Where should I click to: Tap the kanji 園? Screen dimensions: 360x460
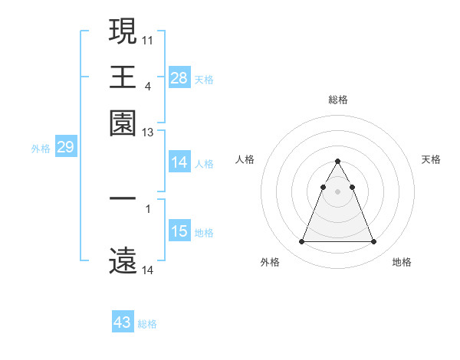click(x=123, y=123)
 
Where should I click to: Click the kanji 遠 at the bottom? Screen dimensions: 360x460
click(x=123, y=260)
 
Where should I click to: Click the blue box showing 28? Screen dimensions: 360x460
click(x=179, y=77)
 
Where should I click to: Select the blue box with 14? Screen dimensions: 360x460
click(x=179, y=162)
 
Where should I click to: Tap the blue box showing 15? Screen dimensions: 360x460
click(x=179, y=231)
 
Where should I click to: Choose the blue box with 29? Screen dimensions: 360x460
click(x=65, y=147)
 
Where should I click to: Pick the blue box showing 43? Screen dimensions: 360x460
click(x=123, y=322)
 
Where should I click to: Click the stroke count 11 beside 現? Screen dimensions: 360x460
click(x=148, y=38)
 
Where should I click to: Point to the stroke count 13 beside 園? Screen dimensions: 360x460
click(x=148, y=133)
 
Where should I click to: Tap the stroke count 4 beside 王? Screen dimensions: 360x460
click(x=147, y=86)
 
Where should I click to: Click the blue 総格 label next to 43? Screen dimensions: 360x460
click(x=147, y=324)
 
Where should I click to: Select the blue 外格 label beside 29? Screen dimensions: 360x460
click(x=40, y=149)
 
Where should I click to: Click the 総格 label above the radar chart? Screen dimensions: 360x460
click(x=337, y=100)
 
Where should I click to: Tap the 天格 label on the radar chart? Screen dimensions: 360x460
click(x=431, y=159)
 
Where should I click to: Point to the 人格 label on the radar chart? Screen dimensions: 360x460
click(x=245, y=159)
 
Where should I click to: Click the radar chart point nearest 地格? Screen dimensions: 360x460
click(x=373, y=242)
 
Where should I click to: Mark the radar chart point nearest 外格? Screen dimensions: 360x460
click(x=301, y=242)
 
